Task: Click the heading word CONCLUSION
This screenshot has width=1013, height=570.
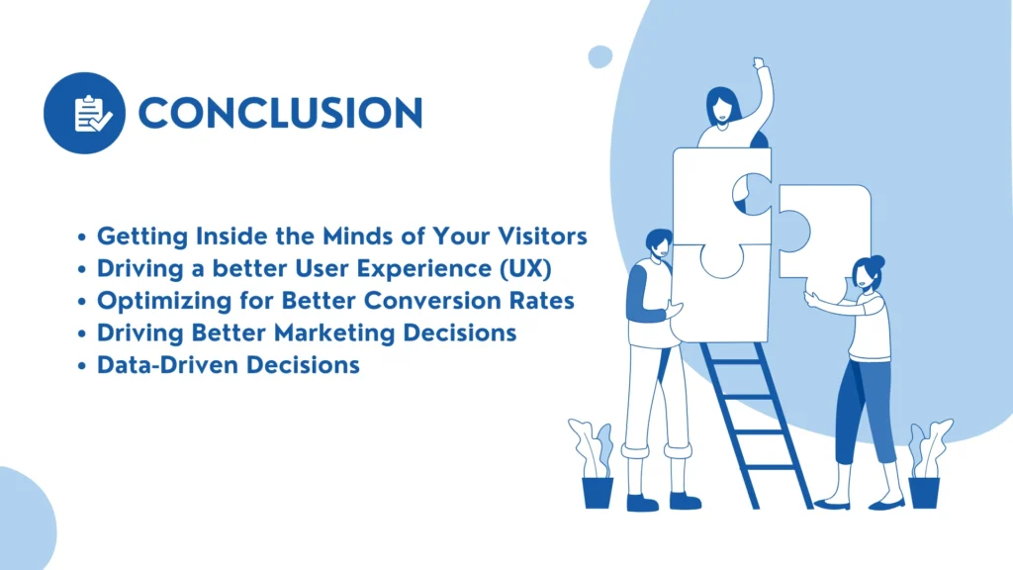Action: (x=280, y=113)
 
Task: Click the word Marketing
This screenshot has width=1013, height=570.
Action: (x=334, y=333)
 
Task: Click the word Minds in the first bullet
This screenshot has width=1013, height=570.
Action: (x=358, y=236)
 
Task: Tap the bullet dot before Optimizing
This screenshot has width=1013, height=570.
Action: (x=81, y=302)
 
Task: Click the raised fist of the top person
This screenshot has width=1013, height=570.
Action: (x=759, y=62)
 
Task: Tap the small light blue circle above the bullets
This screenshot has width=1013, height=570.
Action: (x=600, y=56)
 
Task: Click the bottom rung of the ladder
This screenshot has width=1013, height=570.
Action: (x=773, y=467)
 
